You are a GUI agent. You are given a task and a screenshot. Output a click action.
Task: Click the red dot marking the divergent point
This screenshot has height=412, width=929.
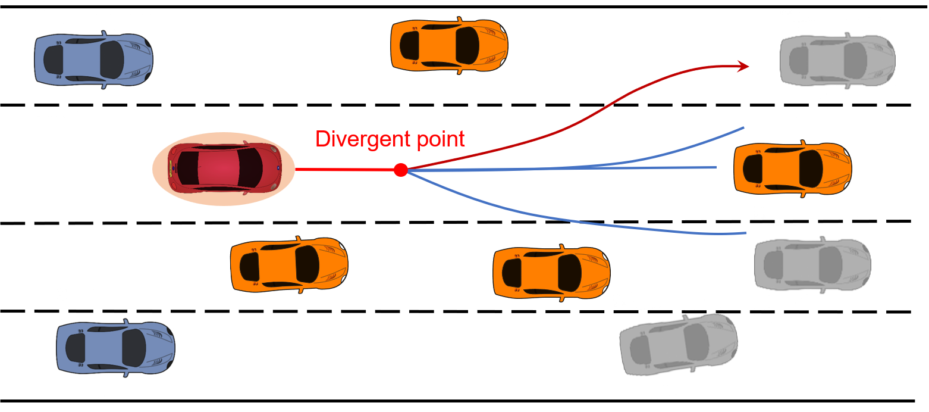point(401,170)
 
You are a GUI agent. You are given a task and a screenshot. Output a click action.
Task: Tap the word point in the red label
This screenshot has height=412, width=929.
point(440,139)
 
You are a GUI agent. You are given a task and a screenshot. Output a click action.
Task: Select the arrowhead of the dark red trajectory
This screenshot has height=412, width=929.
point(743,67)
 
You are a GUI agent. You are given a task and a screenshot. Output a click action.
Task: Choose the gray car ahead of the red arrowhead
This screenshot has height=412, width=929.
point(837,61)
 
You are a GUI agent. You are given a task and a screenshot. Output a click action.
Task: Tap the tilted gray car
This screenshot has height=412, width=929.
point(678,345)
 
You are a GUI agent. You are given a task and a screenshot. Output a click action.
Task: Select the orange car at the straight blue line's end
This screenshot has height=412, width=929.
point(792,169)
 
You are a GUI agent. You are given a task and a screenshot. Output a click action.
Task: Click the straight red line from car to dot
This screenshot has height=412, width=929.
point(345,170)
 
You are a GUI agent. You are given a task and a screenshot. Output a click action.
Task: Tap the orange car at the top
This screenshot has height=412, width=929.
point(449,46)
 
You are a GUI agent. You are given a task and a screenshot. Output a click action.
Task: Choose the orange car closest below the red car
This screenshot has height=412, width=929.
point(289,265)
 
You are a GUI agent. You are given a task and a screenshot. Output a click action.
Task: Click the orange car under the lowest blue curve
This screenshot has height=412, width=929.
point(551,272)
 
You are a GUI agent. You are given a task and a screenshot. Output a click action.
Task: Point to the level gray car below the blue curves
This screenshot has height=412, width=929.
point(812,264)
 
